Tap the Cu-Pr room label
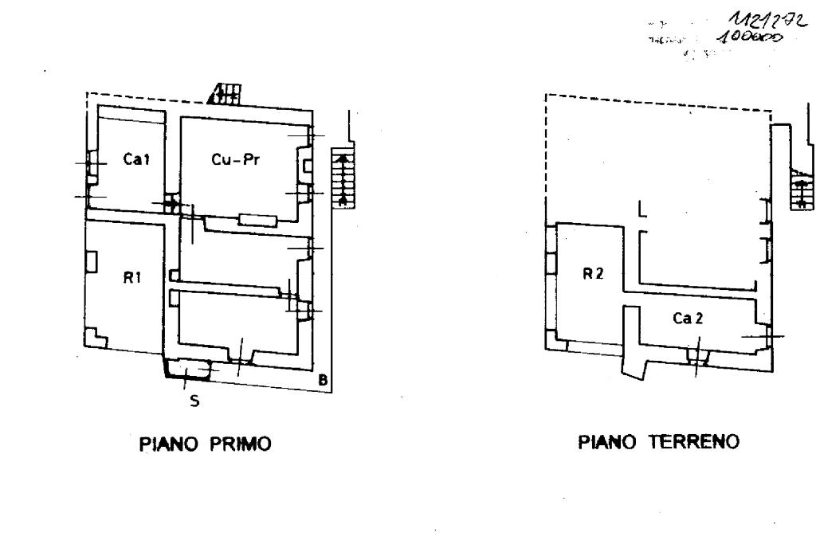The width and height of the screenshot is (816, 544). click(237, 159)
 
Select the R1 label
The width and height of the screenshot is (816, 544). click(132, 280)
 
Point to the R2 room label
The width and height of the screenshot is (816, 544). click(592, 275)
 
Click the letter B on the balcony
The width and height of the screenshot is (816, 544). click(323, 380)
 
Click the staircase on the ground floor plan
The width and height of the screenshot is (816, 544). click(801, 191)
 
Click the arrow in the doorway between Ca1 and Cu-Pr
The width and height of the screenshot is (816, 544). click(171, 204)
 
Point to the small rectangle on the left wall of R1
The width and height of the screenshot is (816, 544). click(92, 261)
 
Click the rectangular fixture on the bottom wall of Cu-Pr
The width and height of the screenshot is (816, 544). click(257, 219)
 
